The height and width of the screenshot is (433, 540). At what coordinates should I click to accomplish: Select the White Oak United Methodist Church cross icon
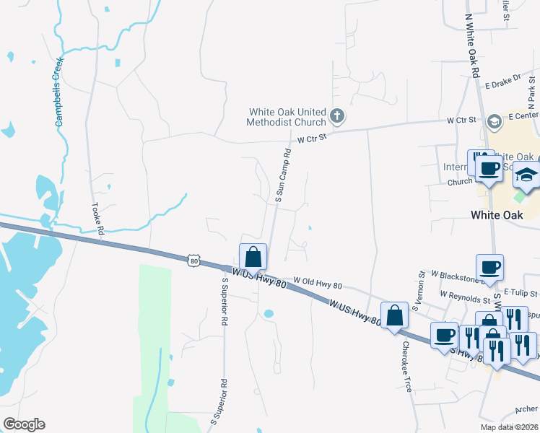[x=336, y=115]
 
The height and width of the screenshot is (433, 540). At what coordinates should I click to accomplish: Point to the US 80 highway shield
[x=192, y=259]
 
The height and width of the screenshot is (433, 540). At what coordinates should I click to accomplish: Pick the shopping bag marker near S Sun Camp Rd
[x=253, y=257]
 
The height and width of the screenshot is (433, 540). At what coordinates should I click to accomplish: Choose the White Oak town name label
[x=496, y=214]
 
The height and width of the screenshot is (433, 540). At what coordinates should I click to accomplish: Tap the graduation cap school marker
[x=526, y=175]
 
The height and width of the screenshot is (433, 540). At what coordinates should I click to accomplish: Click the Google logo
[x=24, y=424]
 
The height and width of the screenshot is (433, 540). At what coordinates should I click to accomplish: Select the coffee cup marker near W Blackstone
[x=490, y=267]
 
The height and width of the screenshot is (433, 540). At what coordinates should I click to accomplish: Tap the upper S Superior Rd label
[x=226, y=304]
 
